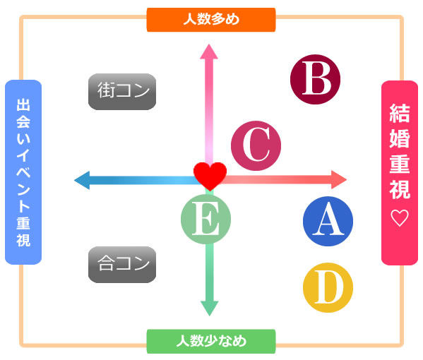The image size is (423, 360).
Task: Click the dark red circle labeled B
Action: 315,79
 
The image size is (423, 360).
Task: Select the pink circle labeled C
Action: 256,145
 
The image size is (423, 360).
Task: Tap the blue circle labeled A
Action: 328,221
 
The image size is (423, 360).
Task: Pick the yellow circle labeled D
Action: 328,287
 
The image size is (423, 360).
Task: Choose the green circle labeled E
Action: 205,219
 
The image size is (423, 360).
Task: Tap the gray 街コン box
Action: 122,92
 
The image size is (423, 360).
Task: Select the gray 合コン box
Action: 122,265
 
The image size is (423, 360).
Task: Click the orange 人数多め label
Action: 211,20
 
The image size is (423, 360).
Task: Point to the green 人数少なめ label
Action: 211,341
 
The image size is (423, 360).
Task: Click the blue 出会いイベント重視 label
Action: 23,172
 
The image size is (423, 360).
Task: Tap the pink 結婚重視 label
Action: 400,172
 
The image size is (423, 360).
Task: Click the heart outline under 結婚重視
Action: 400,218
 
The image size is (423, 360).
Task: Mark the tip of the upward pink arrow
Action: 209,44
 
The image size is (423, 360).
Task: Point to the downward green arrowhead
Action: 209,308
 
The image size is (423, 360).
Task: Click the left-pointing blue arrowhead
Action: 82,180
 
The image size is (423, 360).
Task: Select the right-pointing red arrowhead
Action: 339,179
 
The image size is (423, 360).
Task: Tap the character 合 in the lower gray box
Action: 106,263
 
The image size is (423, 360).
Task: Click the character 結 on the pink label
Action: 400,113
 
